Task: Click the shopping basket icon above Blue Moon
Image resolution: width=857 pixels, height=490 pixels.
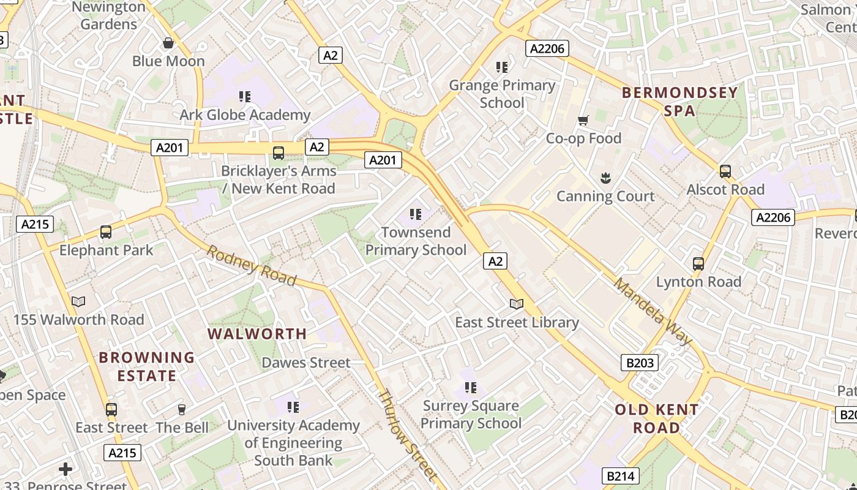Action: tap(168, 43)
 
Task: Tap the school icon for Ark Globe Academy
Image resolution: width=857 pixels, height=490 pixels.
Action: tap(245, 96)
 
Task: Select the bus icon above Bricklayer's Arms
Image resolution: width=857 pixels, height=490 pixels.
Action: tap(279, 153)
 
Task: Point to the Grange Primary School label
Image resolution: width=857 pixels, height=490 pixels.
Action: tap(502, 94)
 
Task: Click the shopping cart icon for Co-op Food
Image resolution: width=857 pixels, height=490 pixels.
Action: tap(583, 121)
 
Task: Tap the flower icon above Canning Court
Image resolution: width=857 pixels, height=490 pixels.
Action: tap(605, 178)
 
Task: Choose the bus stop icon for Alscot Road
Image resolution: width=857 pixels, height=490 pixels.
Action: tap(725, 171)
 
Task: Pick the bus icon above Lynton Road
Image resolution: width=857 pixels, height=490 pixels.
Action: tap(698, 264)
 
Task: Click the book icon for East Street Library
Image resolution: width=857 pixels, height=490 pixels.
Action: tap(517, 304)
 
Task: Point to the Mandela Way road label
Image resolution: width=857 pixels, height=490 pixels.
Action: tap(653, 311)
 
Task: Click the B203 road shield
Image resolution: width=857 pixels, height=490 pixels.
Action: tap(640, 363)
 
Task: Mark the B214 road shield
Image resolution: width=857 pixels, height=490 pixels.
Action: tap(621, 476)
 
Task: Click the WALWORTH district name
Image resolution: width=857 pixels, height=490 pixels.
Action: tap(257, 334)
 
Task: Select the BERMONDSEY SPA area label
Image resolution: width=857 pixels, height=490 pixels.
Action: tap(679, 102)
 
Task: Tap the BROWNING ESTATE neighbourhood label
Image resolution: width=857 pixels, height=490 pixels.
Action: tap(147, 366)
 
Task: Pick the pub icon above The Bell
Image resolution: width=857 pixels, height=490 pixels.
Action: tap(181, 409)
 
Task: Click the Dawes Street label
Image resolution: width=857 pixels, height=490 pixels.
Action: tap(306, 363)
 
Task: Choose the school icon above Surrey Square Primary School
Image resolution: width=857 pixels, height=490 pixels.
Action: tap(470, 388)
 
